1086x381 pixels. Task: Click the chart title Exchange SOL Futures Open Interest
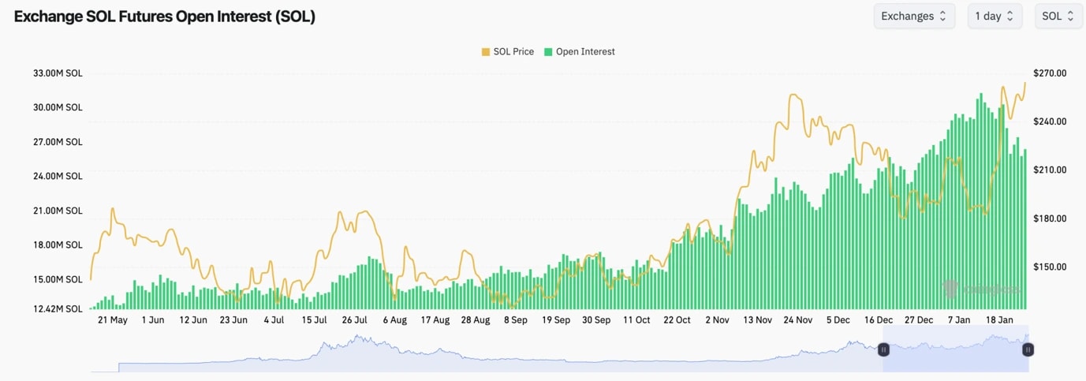pyautogui.click(x=165, y=17)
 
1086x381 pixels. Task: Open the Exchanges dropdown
pyautogui.click(x=914, y=16)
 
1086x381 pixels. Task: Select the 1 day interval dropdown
pyautogui.click(x=995, y=16)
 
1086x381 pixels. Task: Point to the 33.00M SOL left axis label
pyautogui.click(x=58, y=73)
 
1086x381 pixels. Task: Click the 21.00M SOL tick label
pyautogui.click(x=58, y=211)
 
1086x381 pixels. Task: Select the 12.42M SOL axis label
pyautogui.click(x=58, y=309)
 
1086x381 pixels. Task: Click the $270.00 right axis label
pyautogui.click(x=1050, y=73)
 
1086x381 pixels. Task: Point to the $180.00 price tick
pyautogui.click(x=1050, y=219)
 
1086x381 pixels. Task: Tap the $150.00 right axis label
pyautogui.click(x=1050, y=267)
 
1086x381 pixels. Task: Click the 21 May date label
pyautogui.click(x=113, y=320)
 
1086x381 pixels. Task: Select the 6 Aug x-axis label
pyautogui.click(x=394, y=320)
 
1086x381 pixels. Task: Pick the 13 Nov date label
pyautogui.click(x=758, y=320)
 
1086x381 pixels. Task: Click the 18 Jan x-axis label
pyautogui.click(x=1000, y=320)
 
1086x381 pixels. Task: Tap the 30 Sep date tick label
pyautogui.click(x=596, y=320)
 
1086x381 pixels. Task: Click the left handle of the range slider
pyautogui.click(x=883, y=349)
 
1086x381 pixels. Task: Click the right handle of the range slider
pyautogui.click(x=1028, y=349)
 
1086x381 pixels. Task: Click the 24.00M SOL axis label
pyautogui.click(x=58, y=177)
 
